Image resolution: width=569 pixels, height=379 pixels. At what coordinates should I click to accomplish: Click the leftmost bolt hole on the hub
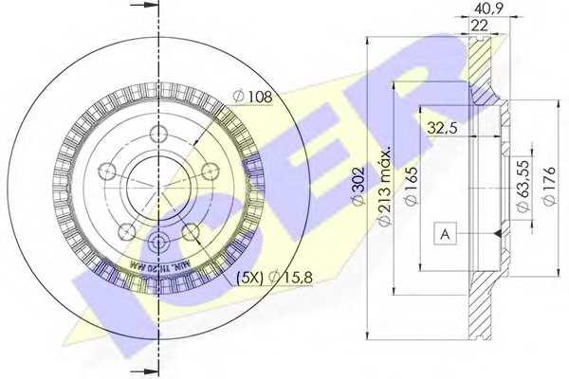(x=107, y=172)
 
